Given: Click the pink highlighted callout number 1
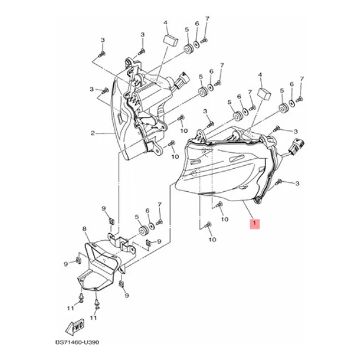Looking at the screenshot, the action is [x=254, y=224].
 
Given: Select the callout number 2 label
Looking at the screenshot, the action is [x=93, y=133].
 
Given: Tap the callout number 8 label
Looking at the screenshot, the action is [x=84, y=229].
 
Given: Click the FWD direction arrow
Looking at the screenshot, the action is [x=75, y=326].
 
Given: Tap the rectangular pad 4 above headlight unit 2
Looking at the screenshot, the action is [x=171, y=40].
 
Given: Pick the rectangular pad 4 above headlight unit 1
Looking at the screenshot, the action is [x=264, y=93].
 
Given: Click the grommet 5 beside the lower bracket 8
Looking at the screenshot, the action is [x=143, y=231].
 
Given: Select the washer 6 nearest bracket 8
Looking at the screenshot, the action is [x=152, y=225].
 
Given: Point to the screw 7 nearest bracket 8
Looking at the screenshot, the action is [x=159, y=222].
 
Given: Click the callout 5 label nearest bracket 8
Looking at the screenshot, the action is [x=137, y=217].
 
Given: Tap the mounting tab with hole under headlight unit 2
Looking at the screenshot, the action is [x=156, y=149].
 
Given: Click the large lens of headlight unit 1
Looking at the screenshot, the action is [x=220, y=170].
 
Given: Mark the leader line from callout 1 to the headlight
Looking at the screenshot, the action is [x=248, y=209].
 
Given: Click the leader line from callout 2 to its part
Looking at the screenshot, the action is [x=105, y=133].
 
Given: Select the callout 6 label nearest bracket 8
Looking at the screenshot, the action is [x=148, y=211].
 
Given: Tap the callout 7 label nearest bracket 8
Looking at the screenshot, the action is [x=159, y=204].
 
